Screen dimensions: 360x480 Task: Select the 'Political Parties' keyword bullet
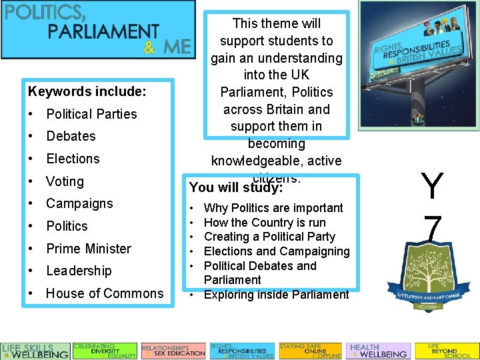point(91,114)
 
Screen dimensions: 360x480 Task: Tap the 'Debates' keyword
point(71,136)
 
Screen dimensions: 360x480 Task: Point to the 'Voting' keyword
point(65,181)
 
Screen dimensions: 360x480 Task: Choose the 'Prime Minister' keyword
point(89,249)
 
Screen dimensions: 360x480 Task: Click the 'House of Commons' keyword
point(105,293)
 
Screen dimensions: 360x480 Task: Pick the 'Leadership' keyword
point(79,271)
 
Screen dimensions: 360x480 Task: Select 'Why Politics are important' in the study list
point(273,208)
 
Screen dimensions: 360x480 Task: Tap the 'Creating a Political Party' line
point(269,237)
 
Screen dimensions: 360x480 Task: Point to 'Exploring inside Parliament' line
point(276,295)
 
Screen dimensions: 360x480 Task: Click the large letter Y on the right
point(432,187)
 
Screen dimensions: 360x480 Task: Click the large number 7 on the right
point(432,230)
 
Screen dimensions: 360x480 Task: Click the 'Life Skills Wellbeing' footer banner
point(35,351)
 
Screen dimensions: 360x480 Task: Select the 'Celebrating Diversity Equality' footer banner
point(105,351)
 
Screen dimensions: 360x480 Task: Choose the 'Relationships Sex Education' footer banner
point(173,351)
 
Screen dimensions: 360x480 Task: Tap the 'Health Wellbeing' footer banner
point(378,351)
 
